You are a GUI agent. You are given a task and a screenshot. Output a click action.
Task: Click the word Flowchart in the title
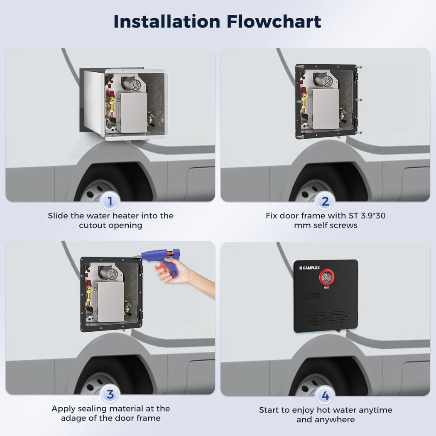[x=274, y=22]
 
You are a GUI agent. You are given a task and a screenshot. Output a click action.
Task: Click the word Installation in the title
[x=167, y=22]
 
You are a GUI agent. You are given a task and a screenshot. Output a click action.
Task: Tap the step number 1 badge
[x=110, y=201]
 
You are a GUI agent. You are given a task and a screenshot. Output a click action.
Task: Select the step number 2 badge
[x=325, y=201]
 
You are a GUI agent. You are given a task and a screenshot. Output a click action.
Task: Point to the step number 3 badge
[x=110, y=394]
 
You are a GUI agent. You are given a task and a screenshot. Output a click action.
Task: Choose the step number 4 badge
[x=325, y=395]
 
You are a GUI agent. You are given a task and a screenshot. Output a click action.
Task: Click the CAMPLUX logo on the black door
[x=309, y=268]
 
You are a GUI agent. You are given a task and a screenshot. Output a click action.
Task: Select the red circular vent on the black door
[x=326, y=277]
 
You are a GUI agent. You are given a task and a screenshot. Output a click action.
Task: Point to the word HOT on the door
[x=326, y=287]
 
